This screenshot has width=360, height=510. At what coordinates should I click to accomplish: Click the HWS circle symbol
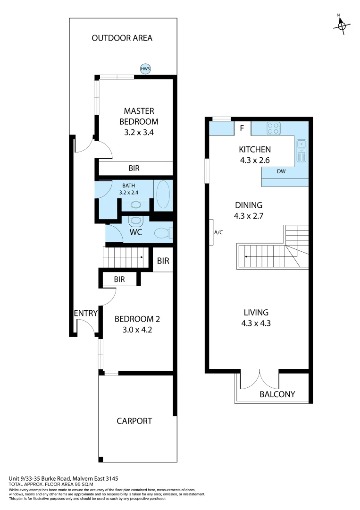145,69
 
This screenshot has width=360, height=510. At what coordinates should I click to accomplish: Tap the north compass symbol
341,26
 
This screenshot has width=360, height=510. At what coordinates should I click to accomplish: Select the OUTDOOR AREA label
122,38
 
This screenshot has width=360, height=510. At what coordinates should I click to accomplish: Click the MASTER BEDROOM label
139,116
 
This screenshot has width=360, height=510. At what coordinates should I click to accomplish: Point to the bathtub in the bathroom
163,195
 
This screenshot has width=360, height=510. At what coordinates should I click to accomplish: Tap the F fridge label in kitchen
242,128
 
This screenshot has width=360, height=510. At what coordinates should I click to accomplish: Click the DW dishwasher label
281,171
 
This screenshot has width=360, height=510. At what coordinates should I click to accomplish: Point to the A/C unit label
218,232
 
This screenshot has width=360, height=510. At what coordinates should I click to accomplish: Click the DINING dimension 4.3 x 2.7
248,217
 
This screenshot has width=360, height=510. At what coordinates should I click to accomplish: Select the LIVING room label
256,312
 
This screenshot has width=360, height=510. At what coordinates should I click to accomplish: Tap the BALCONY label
277,394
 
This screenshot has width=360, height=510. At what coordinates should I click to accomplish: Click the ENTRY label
85,313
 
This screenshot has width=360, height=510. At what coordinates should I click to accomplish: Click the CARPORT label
134,421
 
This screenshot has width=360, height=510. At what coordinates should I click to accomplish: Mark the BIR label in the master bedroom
134,168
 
